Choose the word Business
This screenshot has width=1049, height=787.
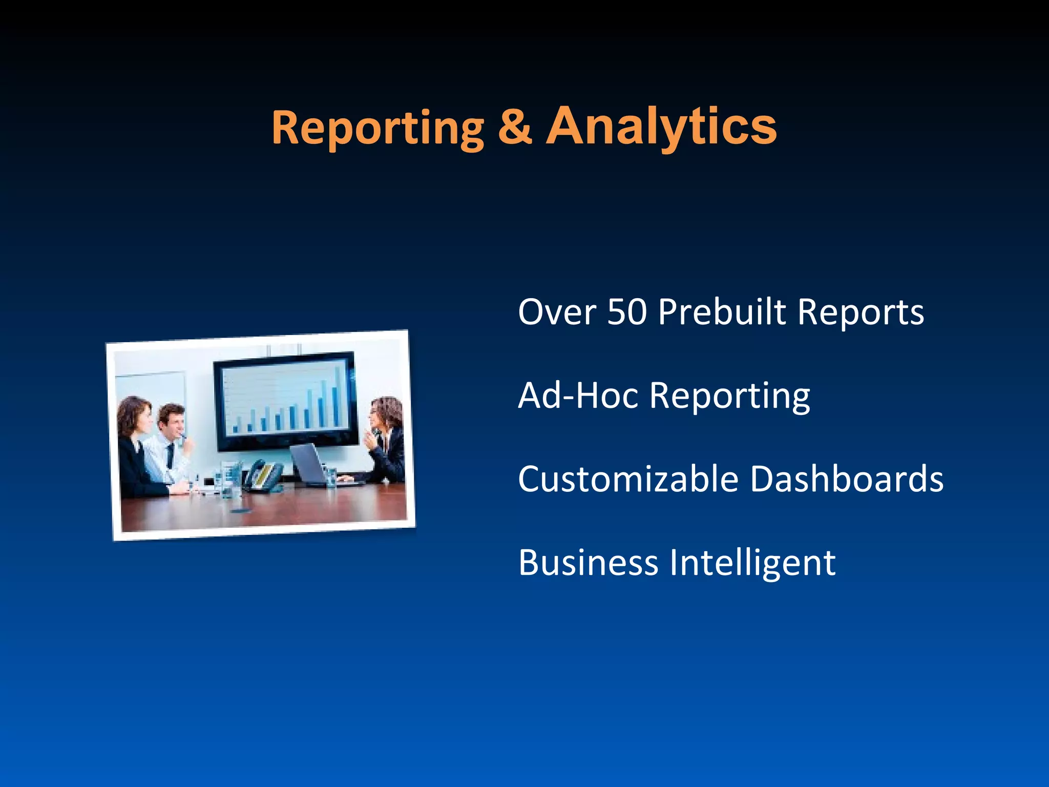click(588, 562)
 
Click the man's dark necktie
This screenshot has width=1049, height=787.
click(170, 455)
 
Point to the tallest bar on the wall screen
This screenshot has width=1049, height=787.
click(338, 397)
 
